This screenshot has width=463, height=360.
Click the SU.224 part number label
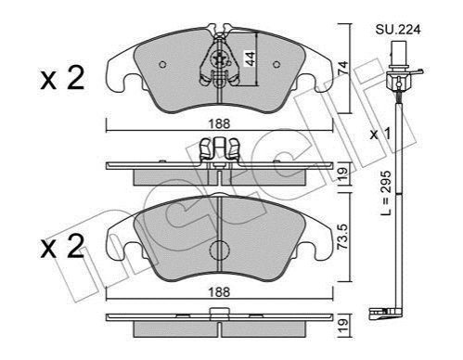click(398, 30)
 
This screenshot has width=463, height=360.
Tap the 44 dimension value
click(250, 58)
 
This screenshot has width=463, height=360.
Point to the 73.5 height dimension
click(343, 237)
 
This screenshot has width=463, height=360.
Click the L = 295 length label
click(386, 193)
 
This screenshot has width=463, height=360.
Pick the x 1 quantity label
click(380, 135)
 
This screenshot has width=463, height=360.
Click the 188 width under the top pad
click(219, 124)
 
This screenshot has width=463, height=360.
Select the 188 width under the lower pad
click(219, 292)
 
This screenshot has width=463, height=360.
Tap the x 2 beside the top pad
click(62, 79)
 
